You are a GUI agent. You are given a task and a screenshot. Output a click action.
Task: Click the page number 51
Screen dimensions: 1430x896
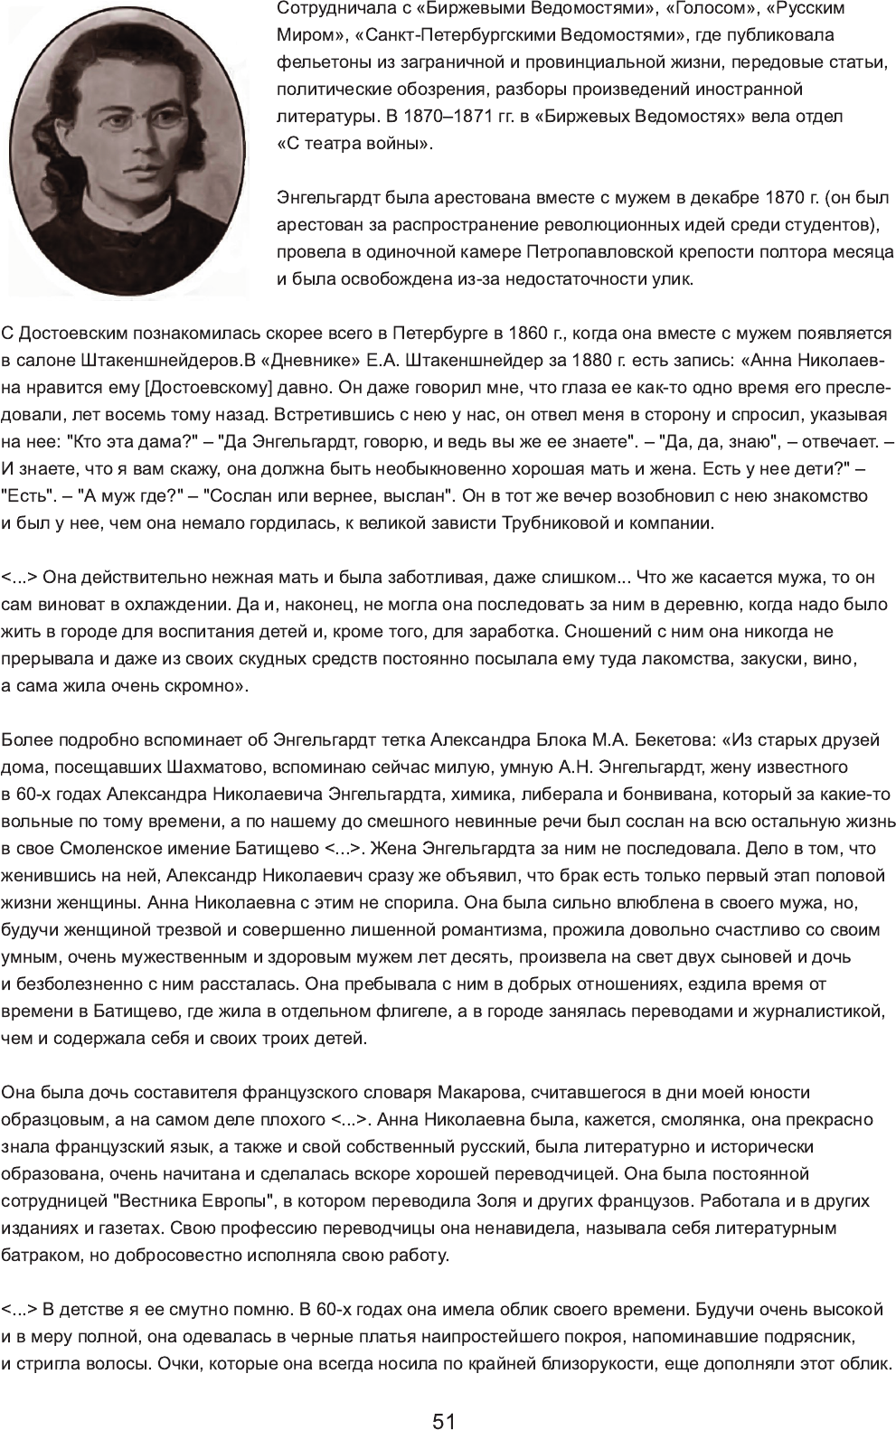[x=444, y=1397]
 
